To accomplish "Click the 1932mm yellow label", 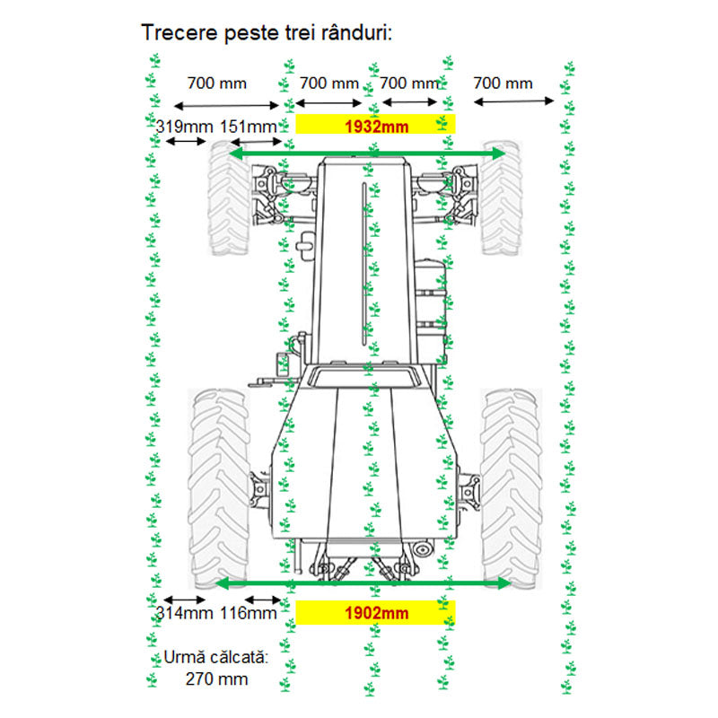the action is (375, 124).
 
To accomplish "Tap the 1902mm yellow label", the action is (375, 613).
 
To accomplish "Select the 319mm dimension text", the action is (184, 127).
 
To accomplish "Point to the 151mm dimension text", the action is (249, 127).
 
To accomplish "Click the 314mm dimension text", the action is (184, 613).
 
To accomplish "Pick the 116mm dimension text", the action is (249, 613).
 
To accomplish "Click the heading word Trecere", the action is (180, 32).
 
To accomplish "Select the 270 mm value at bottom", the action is (216, 679).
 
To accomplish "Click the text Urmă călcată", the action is (215, 657).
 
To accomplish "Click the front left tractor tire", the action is (229, 197).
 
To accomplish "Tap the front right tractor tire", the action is (501, 197).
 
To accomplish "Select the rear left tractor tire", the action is (218, 488).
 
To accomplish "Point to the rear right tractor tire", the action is (511, 488).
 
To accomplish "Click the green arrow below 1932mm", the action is (366, 153).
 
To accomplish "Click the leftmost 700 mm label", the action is (216, 83).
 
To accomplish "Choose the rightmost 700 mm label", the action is (503, 83).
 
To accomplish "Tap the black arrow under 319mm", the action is (186, 142).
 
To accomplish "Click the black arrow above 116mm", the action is (263, 600).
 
